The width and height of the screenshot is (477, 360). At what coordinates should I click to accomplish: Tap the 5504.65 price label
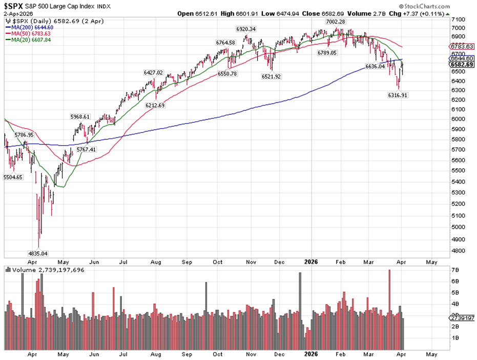coord(14,177)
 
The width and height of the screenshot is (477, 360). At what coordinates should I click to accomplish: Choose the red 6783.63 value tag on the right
coord(463,46)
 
